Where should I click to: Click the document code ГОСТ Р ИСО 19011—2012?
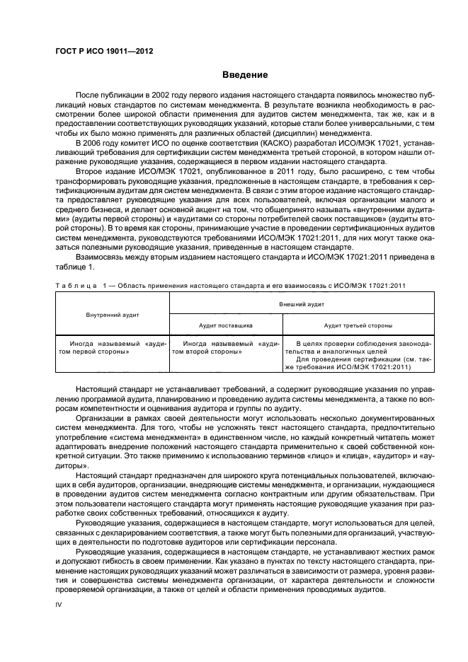point(104,52)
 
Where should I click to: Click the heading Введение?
point(244,74)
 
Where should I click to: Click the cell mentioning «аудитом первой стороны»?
point(113,347)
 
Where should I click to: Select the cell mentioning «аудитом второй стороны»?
point(225,347)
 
